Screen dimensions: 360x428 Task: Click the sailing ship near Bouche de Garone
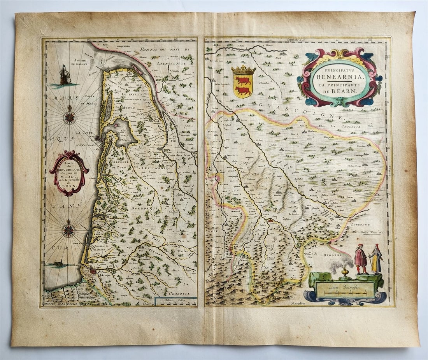pyautogui.click(x=65, y=76)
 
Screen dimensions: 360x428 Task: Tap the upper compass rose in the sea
pyautogui.click(x=70, y=117)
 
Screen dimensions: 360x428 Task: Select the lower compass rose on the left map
pyautogui.click(x=69, y=230)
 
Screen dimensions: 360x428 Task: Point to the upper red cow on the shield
pyautogui.click(x=243, y=81)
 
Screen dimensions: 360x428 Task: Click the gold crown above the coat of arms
pyautogui.click(x=243, y=70)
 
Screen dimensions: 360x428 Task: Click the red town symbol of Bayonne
pyautogui.click(x=93, y=271)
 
